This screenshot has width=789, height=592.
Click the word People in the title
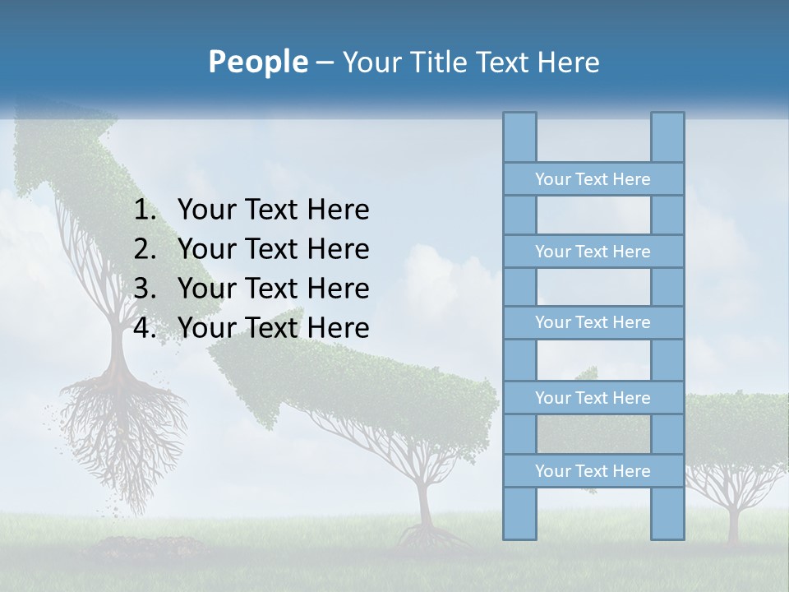click(x=257, y=62)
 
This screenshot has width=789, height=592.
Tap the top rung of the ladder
click(x=593, y=179)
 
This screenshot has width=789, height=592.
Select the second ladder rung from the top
click(x=593, y=252)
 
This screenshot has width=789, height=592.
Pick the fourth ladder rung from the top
click(x=593, y=398)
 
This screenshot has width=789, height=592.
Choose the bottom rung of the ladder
click(x=593, y=471)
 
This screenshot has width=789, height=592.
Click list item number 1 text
click(x=273, y=210)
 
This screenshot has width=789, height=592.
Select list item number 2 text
click(x=273, y=249)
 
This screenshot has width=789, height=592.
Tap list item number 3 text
click(x=273, y=289)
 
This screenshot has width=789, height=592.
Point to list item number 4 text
click(x=273, y=328)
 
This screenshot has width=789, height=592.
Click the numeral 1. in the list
click(x=145, y=210)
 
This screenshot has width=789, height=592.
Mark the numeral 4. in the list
click(x=145, y=328)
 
